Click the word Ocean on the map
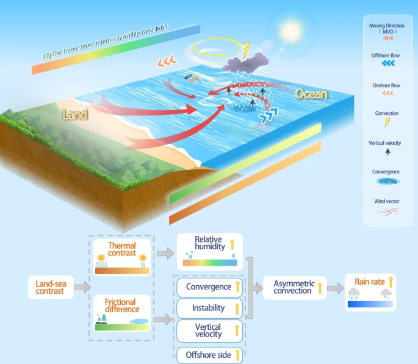[312, 94]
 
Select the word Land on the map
[75, 114]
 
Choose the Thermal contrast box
[121, 257]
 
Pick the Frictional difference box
[121, 312]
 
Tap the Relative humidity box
[210, 251]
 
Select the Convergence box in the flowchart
[210, 287]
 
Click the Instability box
[210, 308]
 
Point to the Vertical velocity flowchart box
[210, 330]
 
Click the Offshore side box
[210, 354]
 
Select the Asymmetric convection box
[294, 287]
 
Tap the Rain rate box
[370, 293]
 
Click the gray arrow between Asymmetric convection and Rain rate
[335, 288]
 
